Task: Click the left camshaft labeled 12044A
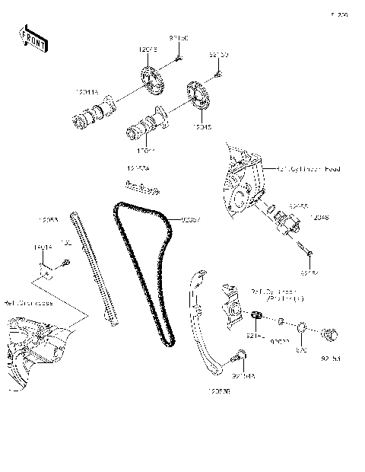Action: click(x=90, y=113)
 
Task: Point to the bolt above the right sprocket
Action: click(x=217, y=74)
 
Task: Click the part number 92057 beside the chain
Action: click(x=189, y=221)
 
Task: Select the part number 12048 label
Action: click(x=319, y=217)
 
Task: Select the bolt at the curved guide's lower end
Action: click(x=242, y=355)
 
